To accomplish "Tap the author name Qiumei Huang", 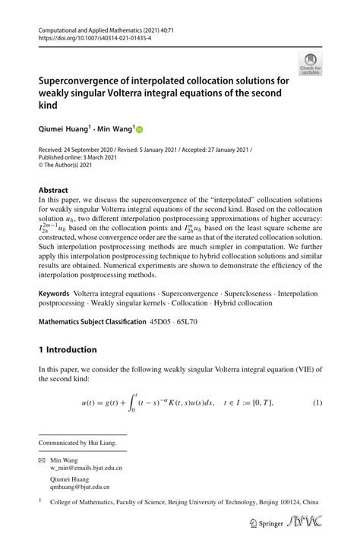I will coord(64,130).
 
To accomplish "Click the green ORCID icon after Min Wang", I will coord(140,131).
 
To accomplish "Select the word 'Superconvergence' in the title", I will coord(83,80).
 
